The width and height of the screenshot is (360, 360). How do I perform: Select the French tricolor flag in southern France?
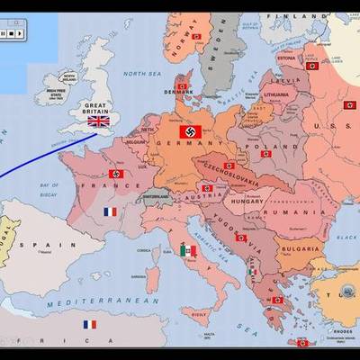tap(110, 212)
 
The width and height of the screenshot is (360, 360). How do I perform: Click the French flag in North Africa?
tap(90, 324)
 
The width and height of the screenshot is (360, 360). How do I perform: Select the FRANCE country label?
tap(100, 184)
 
